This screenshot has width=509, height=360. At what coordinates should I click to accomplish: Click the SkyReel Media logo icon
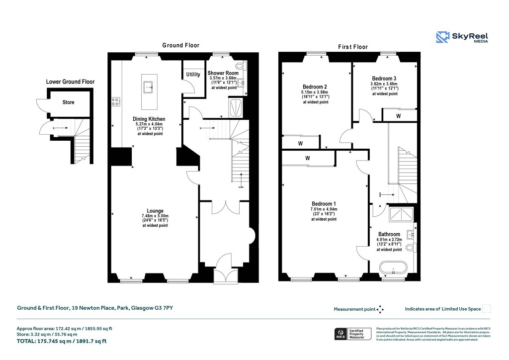coord(443,37)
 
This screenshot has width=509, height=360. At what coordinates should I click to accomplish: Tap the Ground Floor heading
coord(181,45)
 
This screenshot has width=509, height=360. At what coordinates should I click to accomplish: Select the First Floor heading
coord(353,47)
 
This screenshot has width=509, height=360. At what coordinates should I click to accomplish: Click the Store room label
coord(68,102)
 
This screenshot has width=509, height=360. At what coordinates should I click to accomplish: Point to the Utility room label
coord(193,75)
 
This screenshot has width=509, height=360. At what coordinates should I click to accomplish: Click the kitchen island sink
coord(149,88)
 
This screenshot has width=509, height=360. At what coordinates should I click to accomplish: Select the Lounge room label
coord(155,211)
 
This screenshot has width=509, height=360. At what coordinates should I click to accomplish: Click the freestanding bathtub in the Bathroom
coord(394,270)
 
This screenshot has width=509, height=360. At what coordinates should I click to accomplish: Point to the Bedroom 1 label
coord(324,204)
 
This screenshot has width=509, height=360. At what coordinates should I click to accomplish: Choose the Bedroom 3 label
coord(384,79)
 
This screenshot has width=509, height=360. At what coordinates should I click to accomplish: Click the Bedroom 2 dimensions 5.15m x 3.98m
coord(314,92)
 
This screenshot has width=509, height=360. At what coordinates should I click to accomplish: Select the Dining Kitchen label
coord(149,119)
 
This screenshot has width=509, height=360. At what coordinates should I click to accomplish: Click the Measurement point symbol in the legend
coord(380,309)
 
